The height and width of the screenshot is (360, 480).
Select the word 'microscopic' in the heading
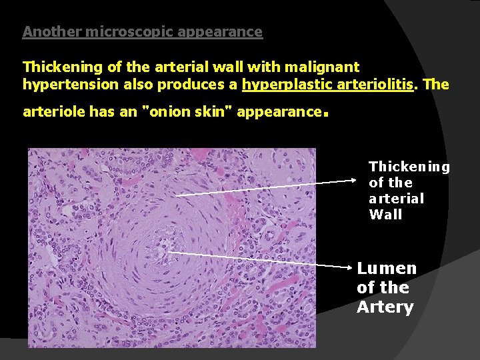[x=118, y=31]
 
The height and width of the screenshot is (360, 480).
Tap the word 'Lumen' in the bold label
[x=387, y=269]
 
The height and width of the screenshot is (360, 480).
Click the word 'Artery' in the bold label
[x=385, y=307]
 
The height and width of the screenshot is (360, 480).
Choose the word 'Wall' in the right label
[x=385, y=215]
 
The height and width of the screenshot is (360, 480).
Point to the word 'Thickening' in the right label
[x=409, y=167]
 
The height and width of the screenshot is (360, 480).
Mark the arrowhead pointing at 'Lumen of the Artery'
[x=356, y=267]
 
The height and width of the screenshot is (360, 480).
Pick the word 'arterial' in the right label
[x=396, y=199]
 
